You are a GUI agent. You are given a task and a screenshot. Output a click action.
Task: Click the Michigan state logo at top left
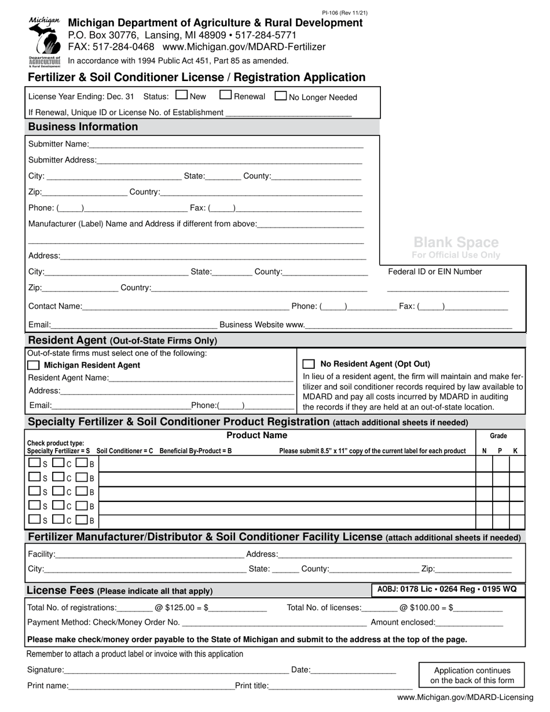tap(44, 41)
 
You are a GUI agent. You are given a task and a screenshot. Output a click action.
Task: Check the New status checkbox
tap(181, 96)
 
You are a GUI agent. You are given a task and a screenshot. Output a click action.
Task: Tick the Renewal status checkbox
tap(226, 96)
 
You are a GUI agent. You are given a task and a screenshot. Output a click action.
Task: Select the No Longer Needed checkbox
tap(280, 96)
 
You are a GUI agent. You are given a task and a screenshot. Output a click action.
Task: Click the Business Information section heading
tap(83, 127)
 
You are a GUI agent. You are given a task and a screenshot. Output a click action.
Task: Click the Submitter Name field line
tap(226, 144)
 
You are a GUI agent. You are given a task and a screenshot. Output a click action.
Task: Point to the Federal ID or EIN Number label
tap(435, 271)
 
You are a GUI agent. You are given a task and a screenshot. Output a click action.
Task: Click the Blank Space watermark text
tap(456, 243)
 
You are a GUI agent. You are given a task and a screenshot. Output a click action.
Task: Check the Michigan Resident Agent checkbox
tap(34, 365)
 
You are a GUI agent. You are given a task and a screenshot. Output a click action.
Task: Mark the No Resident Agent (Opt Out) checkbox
tap(309, 364)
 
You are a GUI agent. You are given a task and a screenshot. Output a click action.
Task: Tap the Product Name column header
tap(256, 435)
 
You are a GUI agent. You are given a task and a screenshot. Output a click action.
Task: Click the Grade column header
tap(498, 436)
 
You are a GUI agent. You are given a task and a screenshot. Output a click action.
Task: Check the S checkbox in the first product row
tap(34, 463)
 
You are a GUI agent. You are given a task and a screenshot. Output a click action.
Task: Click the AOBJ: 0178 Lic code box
tap(448, 589)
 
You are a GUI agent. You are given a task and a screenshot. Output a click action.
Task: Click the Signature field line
tap(177, 670)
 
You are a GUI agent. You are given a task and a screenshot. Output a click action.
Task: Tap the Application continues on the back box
tap(472, 675)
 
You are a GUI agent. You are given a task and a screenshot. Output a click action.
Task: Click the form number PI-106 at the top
tap(344, 13)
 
